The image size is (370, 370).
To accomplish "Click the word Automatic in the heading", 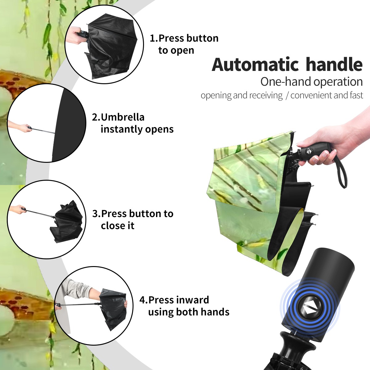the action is click(255, 64).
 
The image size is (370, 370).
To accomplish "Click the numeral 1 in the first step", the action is click(152, 38).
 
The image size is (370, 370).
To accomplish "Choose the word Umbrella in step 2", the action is click(122, 117).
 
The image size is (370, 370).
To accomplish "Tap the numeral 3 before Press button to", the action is click(95, 213).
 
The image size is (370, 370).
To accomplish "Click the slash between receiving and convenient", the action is click(287, 96).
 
